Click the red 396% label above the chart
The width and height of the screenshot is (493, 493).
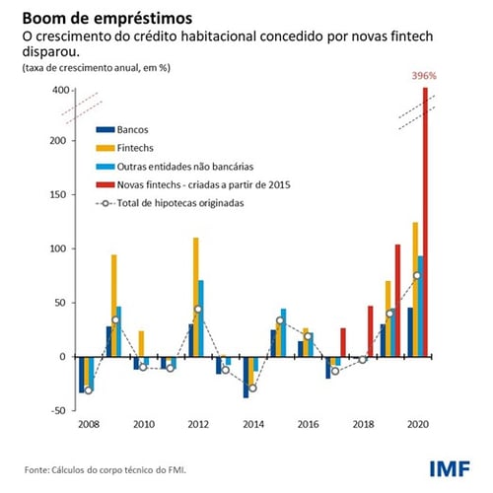click(x=425, y=74)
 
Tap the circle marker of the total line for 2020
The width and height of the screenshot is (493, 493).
click(x=417, y=275)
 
